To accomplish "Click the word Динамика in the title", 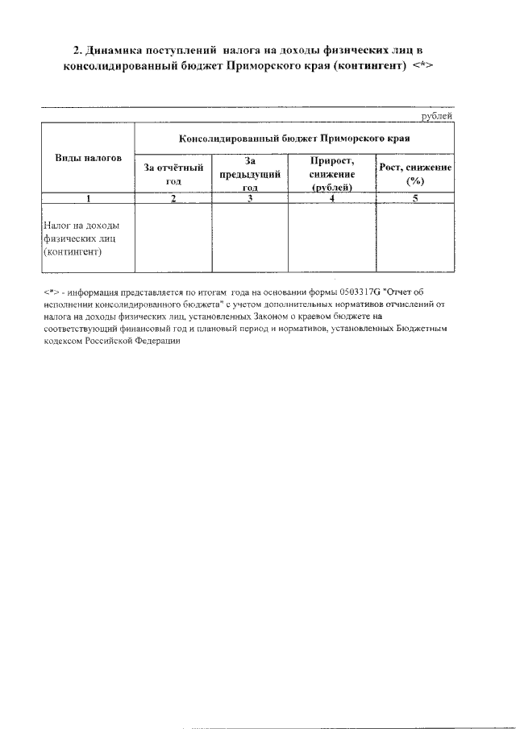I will click(119, 51).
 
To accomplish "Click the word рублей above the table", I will click(437, 115).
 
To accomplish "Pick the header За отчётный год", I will click(173, 174).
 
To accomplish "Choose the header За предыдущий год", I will click(250, 174).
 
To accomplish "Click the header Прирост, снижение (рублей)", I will click(332, 174).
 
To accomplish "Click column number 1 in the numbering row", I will click(88, 198).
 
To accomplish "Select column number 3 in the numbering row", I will click(250, 198).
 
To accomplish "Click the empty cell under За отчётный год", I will click(173, 238).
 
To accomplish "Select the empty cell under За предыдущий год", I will click(250, 238).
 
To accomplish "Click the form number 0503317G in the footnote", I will click(355, 292).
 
